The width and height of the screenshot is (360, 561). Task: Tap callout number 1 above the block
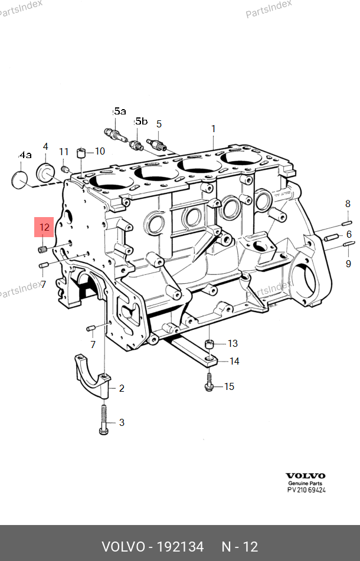pos(214,129)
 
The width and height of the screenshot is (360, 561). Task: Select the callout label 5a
pos(120,111)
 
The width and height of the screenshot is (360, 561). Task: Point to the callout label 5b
pos(141,122)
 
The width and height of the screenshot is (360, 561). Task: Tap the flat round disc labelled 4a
pos(21,180)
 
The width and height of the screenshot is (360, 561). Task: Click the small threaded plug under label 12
pos(43,251)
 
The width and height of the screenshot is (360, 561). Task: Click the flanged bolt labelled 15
pos(210,383)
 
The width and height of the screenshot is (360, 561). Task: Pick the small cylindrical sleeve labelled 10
pos(82,153)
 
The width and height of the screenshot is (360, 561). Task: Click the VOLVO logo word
pos(305,475)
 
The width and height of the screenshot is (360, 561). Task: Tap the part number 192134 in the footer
pos(180,547)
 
